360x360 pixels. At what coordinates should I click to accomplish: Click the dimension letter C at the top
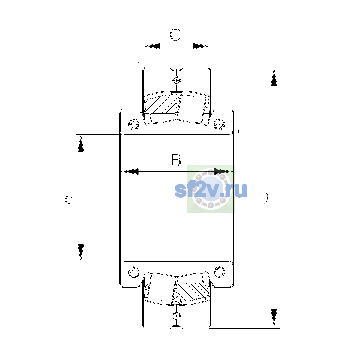pyautogui.click(x=175, y=35)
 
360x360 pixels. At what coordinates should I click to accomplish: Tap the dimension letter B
pyautogui.click(x=176, y=160)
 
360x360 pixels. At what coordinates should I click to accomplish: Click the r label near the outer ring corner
pyautogui.click(x=137, y=66)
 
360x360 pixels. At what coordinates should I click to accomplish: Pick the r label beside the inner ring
pyautogui.click(x=239, y=133)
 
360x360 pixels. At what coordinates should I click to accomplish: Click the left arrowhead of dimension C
pyautogui.click(x=152, y=46)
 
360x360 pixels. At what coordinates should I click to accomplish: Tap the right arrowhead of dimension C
pyautogui.click(x=201, y=46)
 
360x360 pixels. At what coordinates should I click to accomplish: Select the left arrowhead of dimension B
pyautogui.click(x=130, y=171)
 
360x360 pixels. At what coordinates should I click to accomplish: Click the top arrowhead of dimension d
pyautogui.click(x=81, y=143)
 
